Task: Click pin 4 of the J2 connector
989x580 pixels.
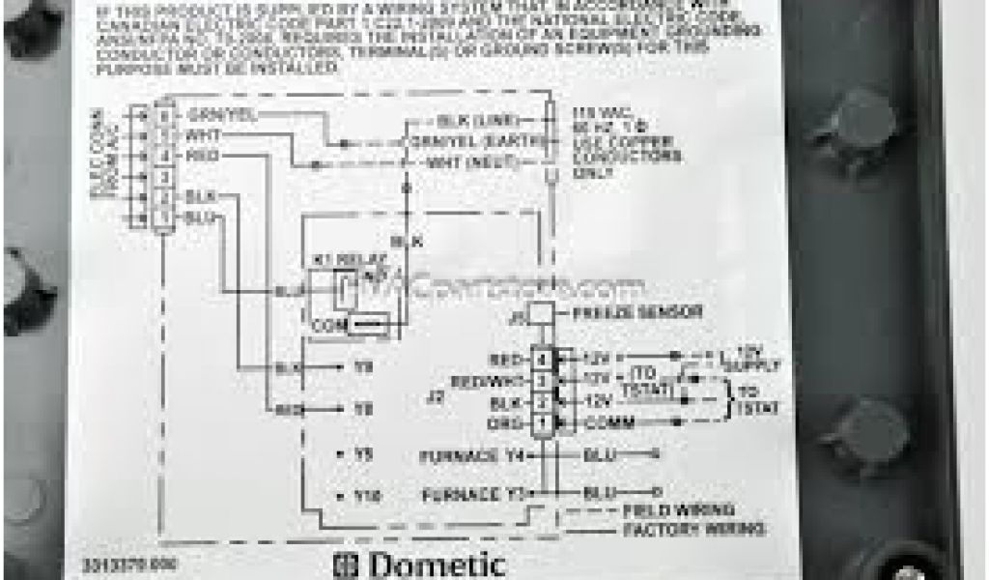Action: click(543, 359)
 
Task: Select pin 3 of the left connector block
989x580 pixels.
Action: click(164, 176)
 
